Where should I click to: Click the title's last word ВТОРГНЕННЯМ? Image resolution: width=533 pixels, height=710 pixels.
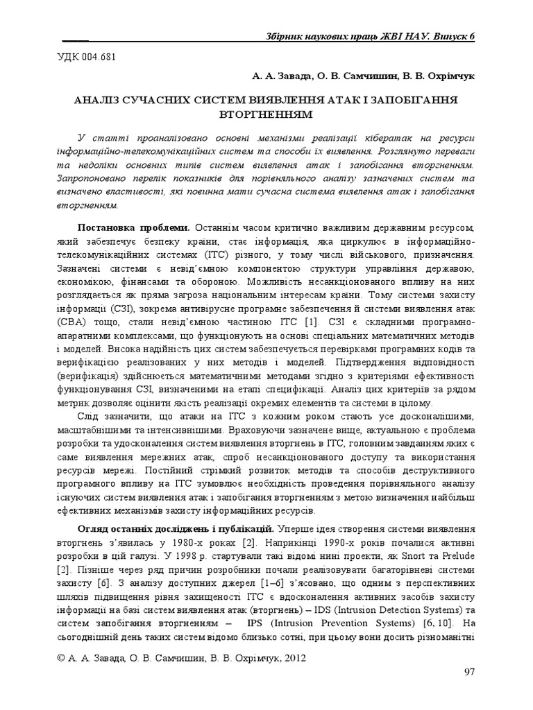pos(266,114)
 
